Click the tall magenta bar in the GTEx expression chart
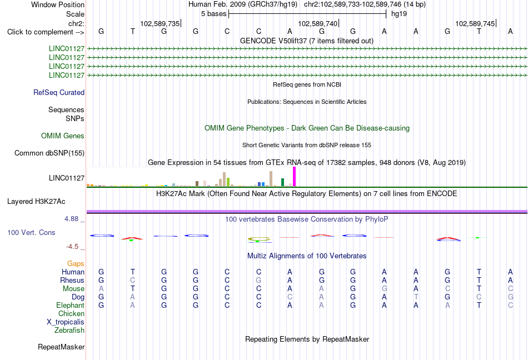click(295, 177)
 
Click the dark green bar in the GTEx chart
click(282, 182)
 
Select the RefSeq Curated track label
click(59, 93)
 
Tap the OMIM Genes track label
click(63, 136)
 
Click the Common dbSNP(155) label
click(49, 153)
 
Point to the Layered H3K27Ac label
click(36, 202)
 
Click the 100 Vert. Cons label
click(31, 232)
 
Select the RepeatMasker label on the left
click(61, 347)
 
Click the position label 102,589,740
click(317, 23)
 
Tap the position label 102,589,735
click(160, 23)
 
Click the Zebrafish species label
click(69, 331)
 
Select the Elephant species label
click(71, 305)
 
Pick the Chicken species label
click(71, 313)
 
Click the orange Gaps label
click(76, 263)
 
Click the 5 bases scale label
click(214, 14)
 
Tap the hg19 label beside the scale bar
click(399, 14)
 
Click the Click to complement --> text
click(46, 32)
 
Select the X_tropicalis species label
click(66, 322)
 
